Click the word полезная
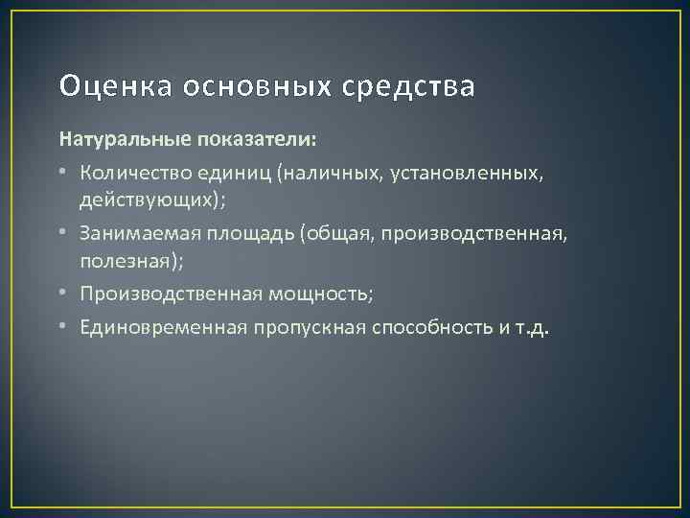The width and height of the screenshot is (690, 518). [116, 262]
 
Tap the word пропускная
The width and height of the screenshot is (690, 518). [300, 327]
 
